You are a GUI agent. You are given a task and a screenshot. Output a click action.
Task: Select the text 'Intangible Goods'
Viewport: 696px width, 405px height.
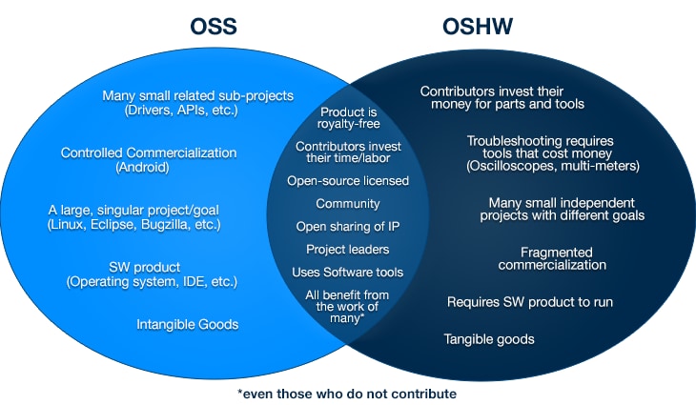click(x=186, y=325)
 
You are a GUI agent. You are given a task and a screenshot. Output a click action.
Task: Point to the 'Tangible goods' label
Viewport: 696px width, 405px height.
click(x=489, y=339)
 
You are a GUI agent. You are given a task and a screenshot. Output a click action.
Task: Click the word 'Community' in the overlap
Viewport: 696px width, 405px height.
click(x=348, y=204)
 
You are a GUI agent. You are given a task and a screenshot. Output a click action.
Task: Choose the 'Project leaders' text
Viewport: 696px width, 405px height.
click(x=348, y=250)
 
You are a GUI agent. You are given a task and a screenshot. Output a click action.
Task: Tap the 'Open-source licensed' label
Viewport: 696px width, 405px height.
click(x=348, y=180)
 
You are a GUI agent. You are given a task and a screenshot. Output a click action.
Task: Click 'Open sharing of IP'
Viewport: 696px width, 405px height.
click(x=348, y=227)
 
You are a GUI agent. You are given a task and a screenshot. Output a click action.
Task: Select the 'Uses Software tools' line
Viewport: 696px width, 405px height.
click(x=348, y=273)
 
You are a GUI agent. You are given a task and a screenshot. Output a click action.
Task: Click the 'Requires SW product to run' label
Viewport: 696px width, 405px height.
click(x=530, y=302)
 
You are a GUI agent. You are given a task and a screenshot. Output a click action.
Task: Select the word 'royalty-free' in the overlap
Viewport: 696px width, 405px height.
click(x=348, y=128)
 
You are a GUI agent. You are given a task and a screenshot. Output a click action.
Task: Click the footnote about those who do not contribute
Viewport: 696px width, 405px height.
click(x=347, y=394)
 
